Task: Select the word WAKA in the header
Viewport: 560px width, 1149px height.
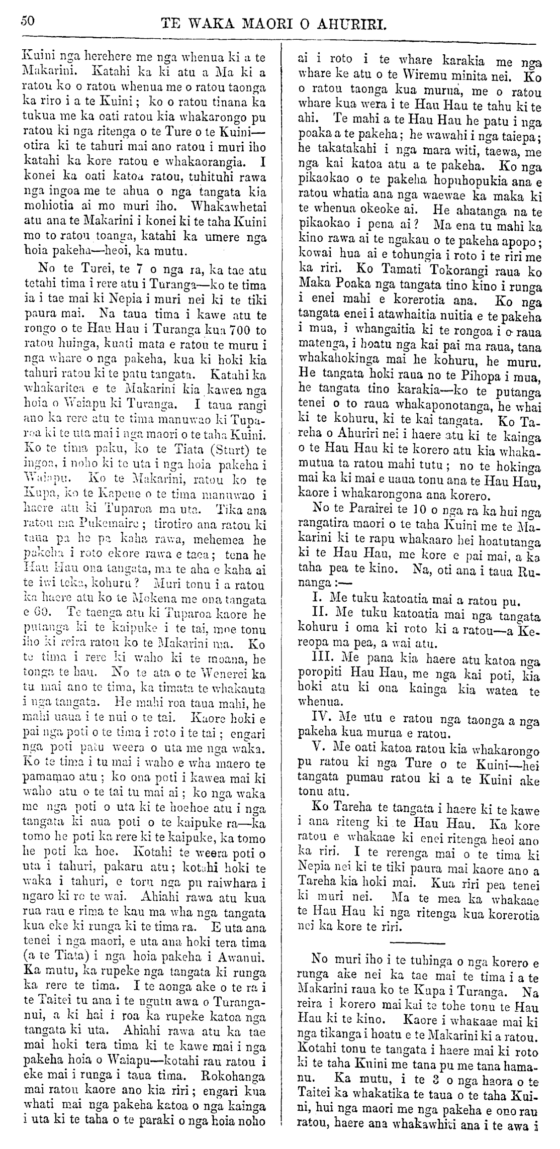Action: (x=211, y=23)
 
